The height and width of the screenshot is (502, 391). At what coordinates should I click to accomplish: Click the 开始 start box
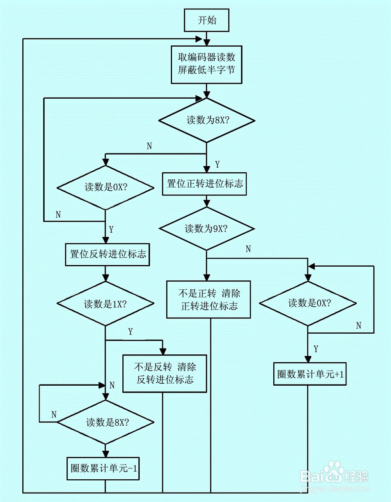(x=206, y=20)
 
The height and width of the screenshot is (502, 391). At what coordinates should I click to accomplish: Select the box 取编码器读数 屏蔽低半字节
(x=206, y=65)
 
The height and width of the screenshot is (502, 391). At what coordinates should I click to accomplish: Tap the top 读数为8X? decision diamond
(x=206, y=120)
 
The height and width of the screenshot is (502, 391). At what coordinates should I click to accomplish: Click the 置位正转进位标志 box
(x=204, y=184)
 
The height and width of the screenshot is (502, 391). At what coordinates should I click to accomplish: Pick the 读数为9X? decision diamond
(x=206, y=229)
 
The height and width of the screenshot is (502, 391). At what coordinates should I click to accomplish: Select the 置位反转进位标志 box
(x=108, y=255)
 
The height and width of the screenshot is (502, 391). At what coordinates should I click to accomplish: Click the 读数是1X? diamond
(x=105, y=304)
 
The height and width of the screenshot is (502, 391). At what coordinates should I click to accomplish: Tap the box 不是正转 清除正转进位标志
(x=208, y=300)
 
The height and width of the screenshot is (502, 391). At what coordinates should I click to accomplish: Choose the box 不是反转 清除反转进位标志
(x=165, y=373)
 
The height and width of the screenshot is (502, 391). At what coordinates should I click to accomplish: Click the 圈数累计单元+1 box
(x=310, y=374)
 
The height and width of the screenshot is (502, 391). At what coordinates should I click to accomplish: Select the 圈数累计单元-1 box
(x=103, y=468)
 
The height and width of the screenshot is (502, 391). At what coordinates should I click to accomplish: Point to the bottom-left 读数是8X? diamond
(x=105, y=422)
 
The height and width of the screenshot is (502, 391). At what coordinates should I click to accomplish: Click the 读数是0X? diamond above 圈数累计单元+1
(x=308, y=303)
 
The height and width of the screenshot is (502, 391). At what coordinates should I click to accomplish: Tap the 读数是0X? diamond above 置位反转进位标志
(x=105, y=188)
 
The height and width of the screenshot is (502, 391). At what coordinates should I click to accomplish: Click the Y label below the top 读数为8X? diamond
(x=217, y=164)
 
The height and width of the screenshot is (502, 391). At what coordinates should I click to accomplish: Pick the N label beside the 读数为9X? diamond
(x=248, y=249)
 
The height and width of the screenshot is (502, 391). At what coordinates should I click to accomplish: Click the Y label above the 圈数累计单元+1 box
(x=316, y=349)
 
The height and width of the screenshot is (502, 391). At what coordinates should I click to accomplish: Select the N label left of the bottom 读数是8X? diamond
(x=54, y=414)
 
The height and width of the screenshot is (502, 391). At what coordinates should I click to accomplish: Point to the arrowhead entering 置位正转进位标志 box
(x=206, y=170)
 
